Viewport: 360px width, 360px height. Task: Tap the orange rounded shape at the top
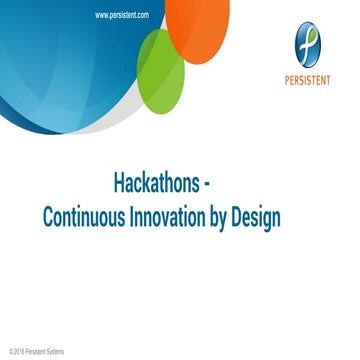[200, 25]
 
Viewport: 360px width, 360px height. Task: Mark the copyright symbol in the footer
[10, 352]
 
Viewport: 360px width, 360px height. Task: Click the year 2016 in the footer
[19, 352]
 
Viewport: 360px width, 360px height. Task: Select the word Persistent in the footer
[36, 352]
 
